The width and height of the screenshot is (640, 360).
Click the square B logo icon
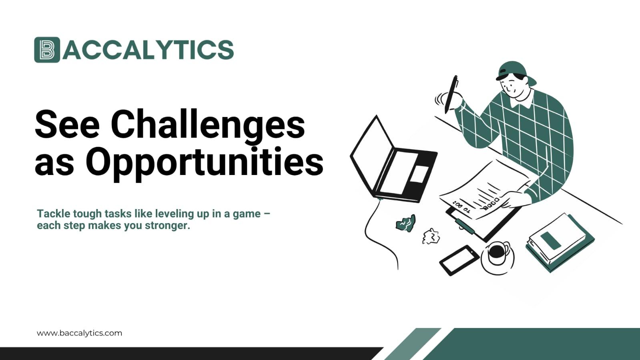coord(47,50)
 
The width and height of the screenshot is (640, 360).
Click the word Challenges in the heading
coord(208,125)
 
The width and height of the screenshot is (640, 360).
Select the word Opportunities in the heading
coord(204,162)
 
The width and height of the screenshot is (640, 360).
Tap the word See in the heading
coord(67,125)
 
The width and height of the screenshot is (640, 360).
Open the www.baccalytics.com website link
coord(79,333)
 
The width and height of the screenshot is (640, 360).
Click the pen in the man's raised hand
coord(451,94)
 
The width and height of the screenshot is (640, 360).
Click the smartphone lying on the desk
coord(459,260)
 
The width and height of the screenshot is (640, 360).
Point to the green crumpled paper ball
coord(406,223)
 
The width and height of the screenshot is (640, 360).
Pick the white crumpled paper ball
coord(431,236)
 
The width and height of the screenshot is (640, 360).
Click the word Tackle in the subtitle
coord(53,214)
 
